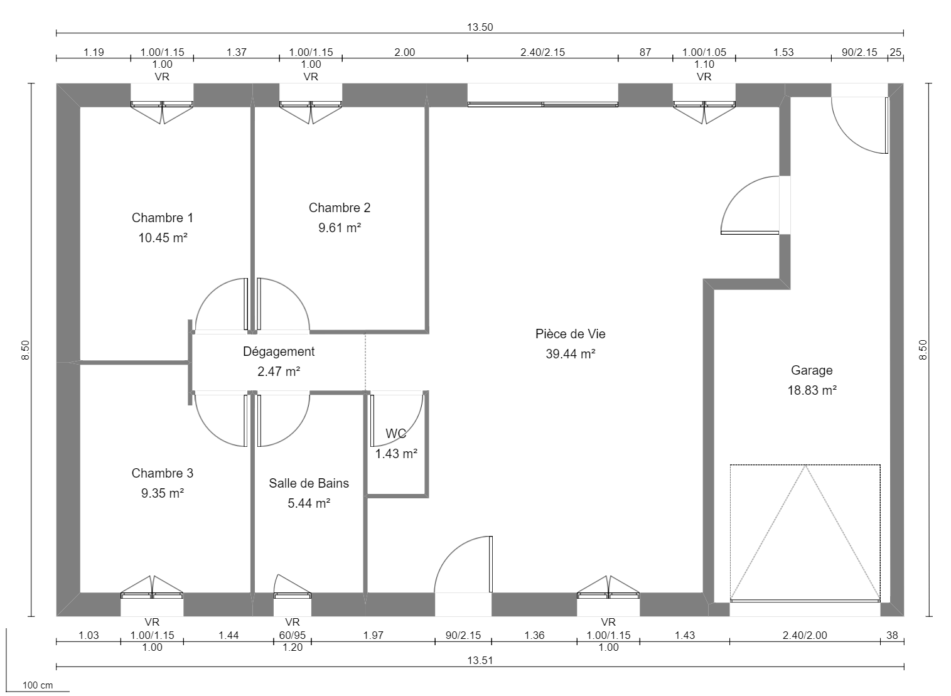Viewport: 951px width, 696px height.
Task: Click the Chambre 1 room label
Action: [x=162, y=218]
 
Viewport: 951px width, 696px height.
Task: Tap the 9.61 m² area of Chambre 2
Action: [x=339, y=228]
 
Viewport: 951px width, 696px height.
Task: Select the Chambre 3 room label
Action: [x=162, y=473]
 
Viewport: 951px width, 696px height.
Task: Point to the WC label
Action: [x=395, y=434]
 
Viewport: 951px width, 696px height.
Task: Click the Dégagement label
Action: [x=279, y=351]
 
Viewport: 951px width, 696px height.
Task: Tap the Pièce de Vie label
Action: [x=570, y=334]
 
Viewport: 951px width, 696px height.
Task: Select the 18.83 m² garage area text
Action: [x=812, y=390]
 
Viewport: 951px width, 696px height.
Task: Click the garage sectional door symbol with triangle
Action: [x=805, y=533]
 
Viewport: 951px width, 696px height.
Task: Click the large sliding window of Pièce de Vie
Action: [x=542, y=104]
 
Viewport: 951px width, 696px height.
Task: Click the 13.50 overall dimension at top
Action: [x=480, y=27]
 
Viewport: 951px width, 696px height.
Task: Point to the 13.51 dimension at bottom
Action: [x=480, y=660]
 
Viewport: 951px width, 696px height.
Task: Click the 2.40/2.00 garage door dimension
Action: [x=805, y=635]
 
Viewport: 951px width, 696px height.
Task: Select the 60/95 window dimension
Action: [x=292, y=635]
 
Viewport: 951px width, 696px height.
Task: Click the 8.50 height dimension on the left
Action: [x=26, y=350]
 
